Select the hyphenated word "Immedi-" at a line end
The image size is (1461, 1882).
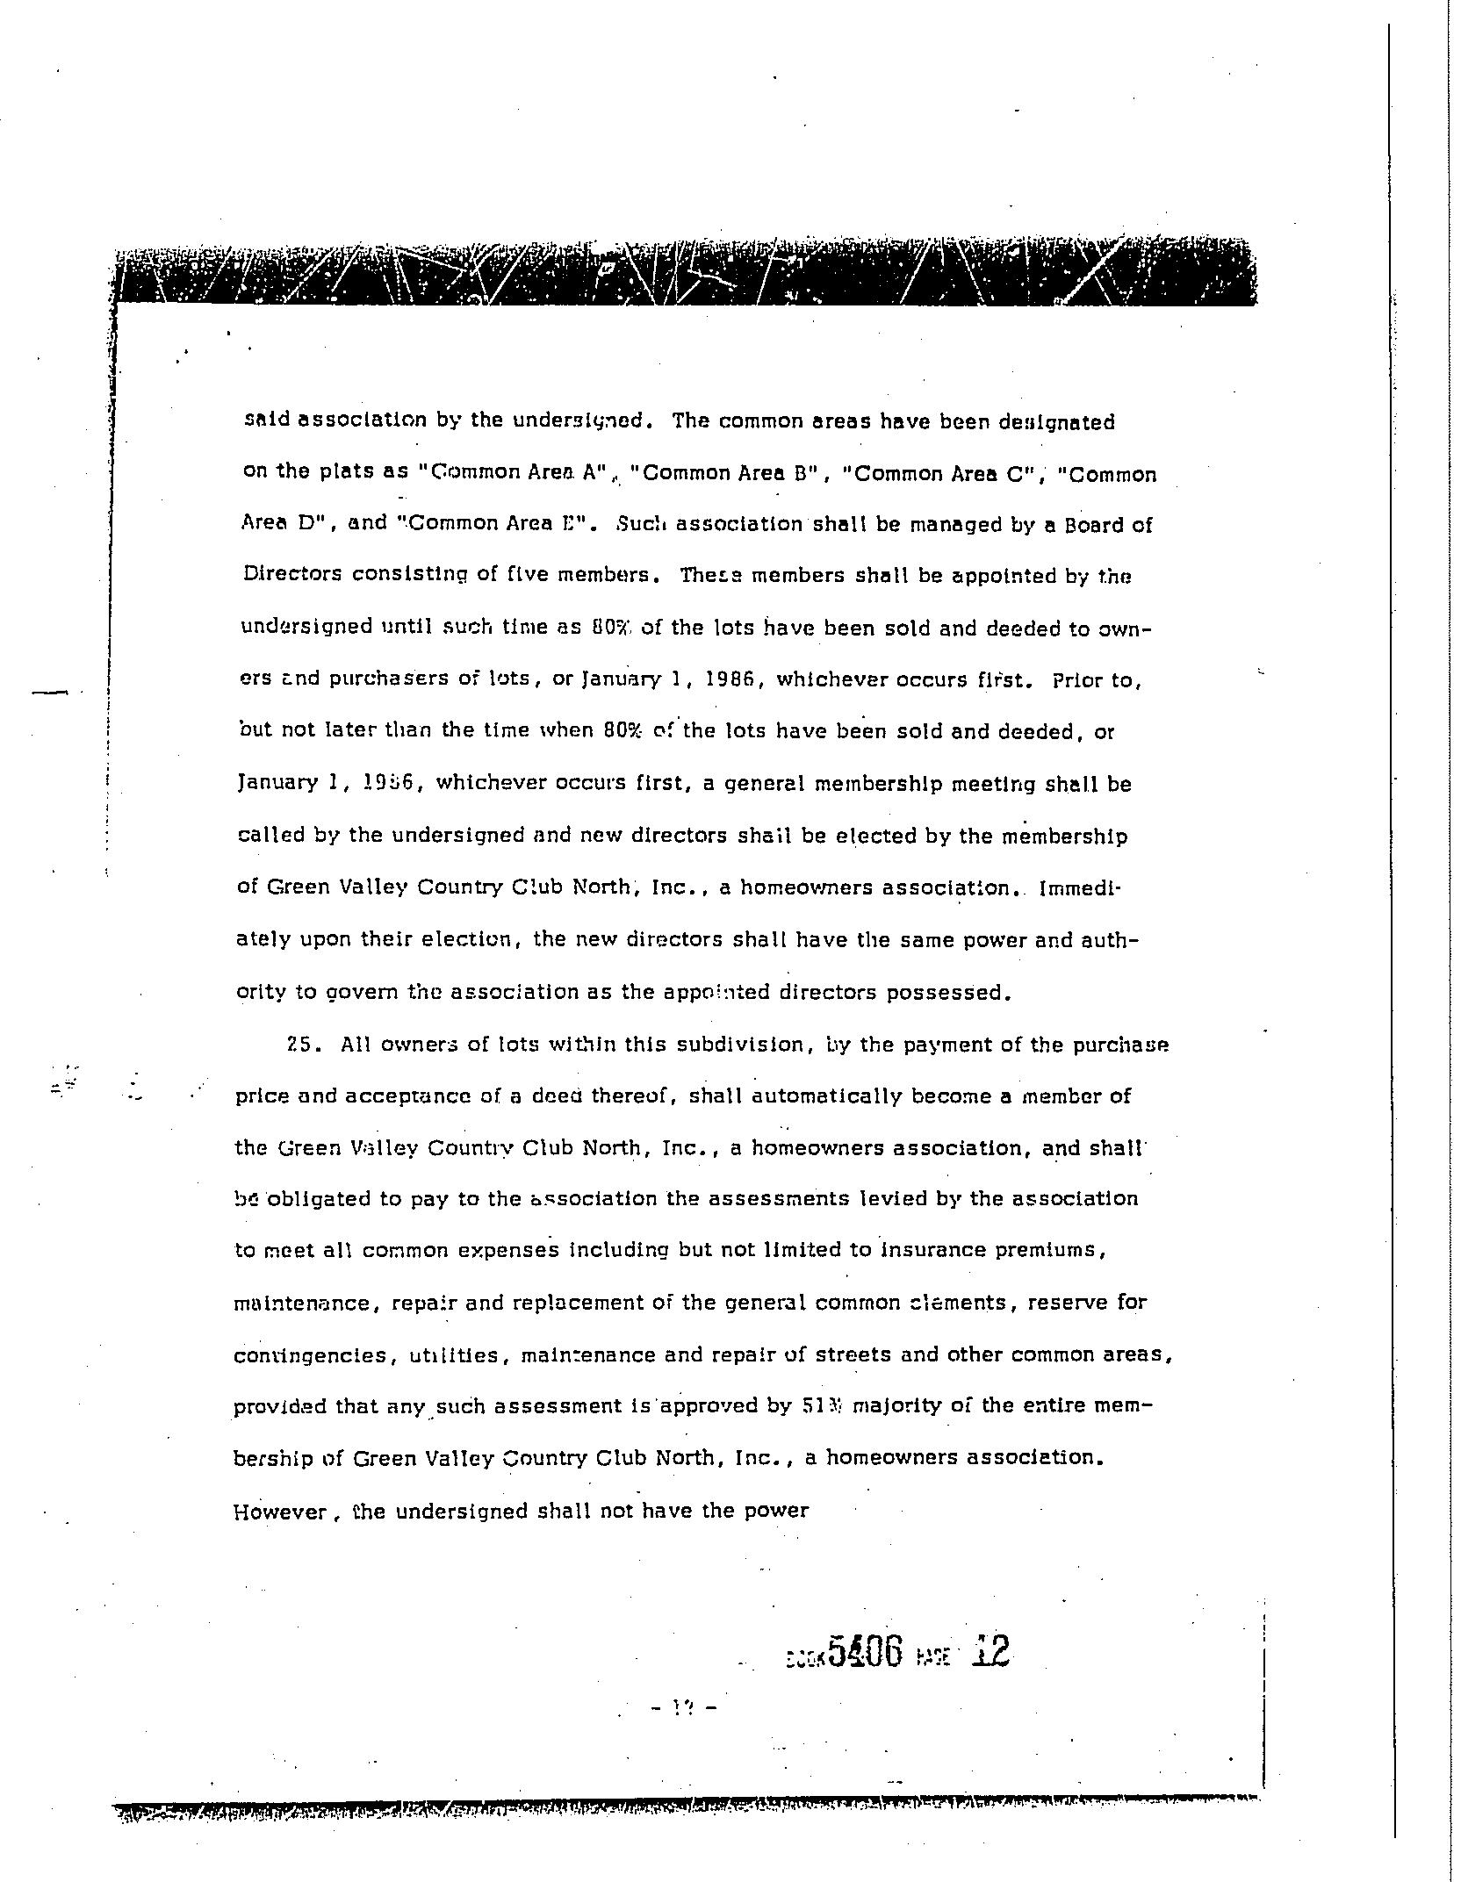pyautogui.click(x=1080, y=887)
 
